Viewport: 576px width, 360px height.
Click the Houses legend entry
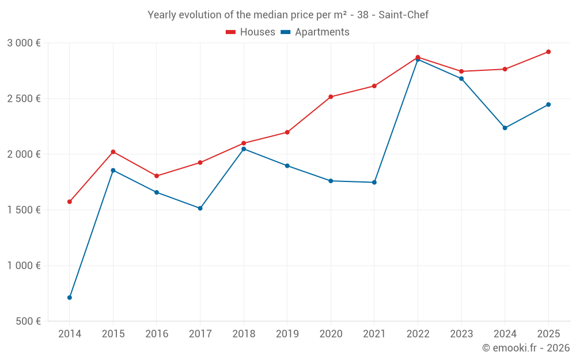pyautogui.click(x=251, y=32)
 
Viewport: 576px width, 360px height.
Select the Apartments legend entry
pyautogui.click(x=315, y=32)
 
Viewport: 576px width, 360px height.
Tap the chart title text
pyautogui.click(x=288, y=15)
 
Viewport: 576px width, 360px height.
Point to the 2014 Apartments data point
pyautogui.click(x=70, y=298)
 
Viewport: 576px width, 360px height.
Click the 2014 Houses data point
pyautogui.click(x=70, y=202)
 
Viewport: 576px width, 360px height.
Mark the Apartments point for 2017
pyautogui.click(x=200, y=208)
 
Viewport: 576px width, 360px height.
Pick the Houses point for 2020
pyautogui.click(x=331, y=97)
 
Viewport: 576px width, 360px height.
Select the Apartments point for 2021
pyautogui.click(x=374, y=182)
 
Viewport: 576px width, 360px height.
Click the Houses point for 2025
pyautogui.click(x=548, y=52)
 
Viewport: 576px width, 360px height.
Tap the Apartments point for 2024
pyautogui.click(x=505, y=128)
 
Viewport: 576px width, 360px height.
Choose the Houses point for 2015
pyautogui.click(x=113, y=151)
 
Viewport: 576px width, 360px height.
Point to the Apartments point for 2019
pyautogui.click(x=287, y=166)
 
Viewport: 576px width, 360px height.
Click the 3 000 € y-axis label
pyautogui.click(x=24, y=43)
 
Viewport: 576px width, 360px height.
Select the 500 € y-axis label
pyautogui.click(x=28, y=321)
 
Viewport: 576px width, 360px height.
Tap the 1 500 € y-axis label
pyautogui.click(x=24, y=210)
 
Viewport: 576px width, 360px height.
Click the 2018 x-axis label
pyautogui.click(x=243, y=334)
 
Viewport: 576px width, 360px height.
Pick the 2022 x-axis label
pyautogui.click(x=418, y=334)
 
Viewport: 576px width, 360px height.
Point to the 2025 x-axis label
pyautogui.click(x=548, y=334)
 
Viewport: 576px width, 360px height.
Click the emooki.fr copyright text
pyautogui.click(x=525, y=348)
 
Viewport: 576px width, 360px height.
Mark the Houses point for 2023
pyautogui.click(x=461, y=71)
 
